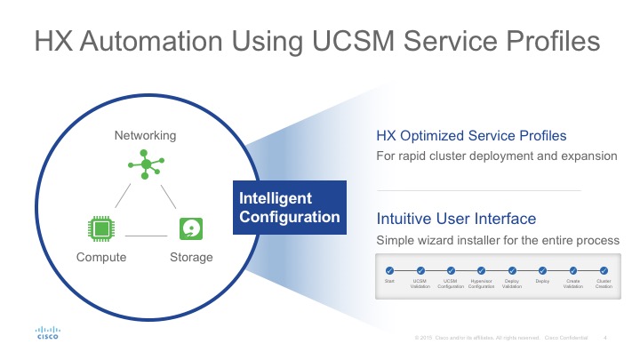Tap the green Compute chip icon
pyautogui.click(x=101, y=228)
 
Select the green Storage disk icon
pyautogui.click(x=191, y=228)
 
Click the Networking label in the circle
pyautogui.click(x=146, y=135)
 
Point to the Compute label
pyautogui.click(x=101, y=258)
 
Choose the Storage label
pyautogui.click(x=191, y=258)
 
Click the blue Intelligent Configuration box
pyautogui.click(x=289, y=207)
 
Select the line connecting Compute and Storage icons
pyautogui.click(x=147, y=236)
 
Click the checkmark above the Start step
pyautogui.click(x=389, y=270)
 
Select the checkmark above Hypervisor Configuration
pyautogui.click(x=481, y=270)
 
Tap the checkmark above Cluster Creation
pyautogui.click(x=604, y=270)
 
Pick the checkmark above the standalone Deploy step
pyautogui.click(x=542, y=270)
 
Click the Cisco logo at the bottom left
pyautogui.click(x=47, y=332)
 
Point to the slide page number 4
pyautogui.click(x=604, y=337)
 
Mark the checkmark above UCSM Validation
pyautogui.click(x=420, y=270)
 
